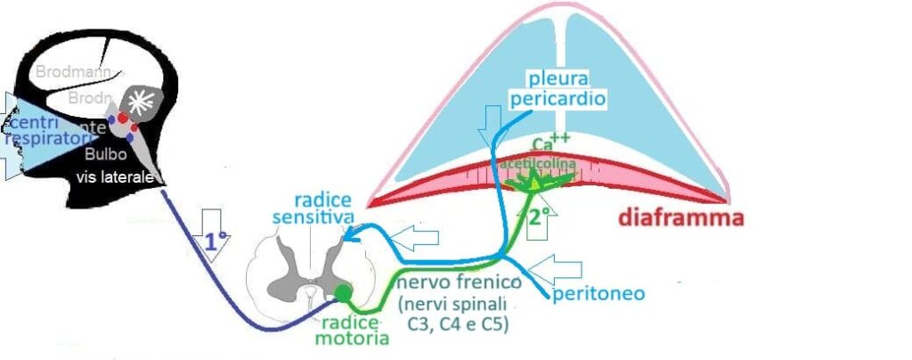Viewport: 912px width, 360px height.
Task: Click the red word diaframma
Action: click(680, 217)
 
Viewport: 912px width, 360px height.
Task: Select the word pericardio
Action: click(558, 98)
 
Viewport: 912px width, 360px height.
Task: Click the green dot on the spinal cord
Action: click(344, 292)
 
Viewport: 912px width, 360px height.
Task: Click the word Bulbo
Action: click(100, 154)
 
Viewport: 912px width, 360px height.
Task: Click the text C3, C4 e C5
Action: click(465, 324)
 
